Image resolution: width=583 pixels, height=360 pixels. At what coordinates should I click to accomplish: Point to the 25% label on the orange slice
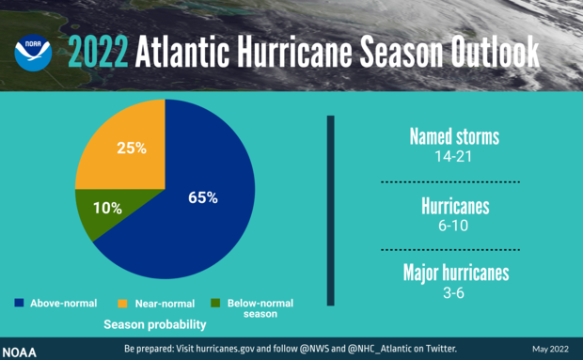(x=131, y=148)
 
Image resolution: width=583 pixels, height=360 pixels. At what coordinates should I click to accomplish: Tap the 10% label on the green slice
(x=107, y=208)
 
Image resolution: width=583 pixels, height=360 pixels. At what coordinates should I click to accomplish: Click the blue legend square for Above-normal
(x=19, y=304)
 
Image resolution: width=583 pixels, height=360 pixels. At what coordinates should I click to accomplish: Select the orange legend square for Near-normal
(x=122, y=304)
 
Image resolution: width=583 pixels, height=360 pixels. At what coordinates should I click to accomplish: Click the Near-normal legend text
(x=165, y=304)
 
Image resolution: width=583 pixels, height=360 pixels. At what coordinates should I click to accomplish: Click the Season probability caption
(x=154, y=325)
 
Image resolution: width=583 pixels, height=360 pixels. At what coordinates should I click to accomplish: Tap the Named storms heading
(x=454, y=137)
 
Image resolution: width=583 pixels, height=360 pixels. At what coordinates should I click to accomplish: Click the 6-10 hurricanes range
(x=454, y=227)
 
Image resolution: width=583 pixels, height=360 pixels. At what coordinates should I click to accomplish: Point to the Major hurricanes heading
(x=454, y=274)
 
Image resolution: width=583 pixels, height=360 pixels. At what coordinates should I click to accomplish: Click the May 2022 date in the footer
(x=550, y=350)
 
